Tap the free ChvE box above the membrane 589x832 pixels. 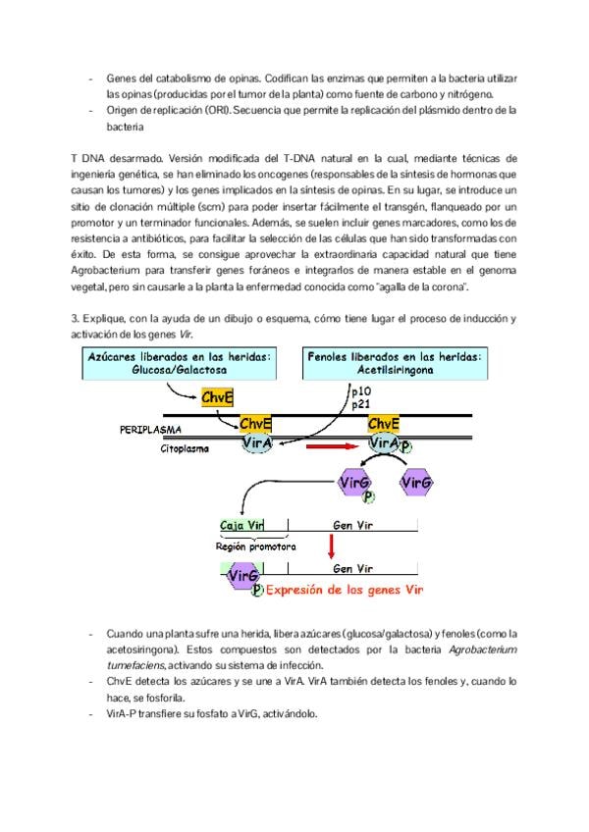click(218, 397)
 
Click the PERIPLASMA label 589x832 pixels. click(153, 430)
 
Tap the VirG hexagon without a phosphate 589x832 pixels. click(416, 483)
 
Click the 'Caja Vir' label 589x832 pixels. click(244, 525)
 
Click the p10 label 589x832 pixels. click(360, 390)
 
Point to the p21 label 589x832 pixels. click(360, 403)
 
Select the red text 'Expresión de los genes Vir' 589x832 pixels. click(345, 591)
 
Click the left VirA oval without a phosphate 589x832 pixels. click(258, 443)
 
